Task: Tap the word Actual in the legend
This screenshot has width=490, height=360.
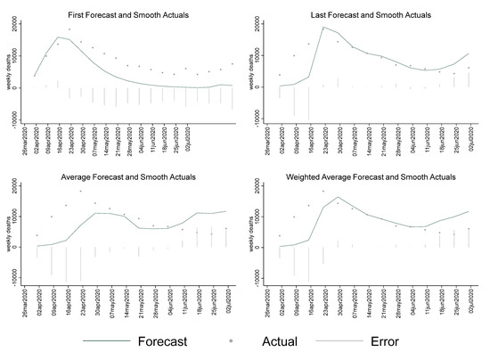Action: point(280,341)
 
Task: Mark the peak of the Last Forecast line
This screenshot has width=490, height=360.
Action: point(323,27)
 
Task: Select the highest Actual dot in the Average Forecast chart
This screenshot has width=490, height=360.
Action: point(81,191)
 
